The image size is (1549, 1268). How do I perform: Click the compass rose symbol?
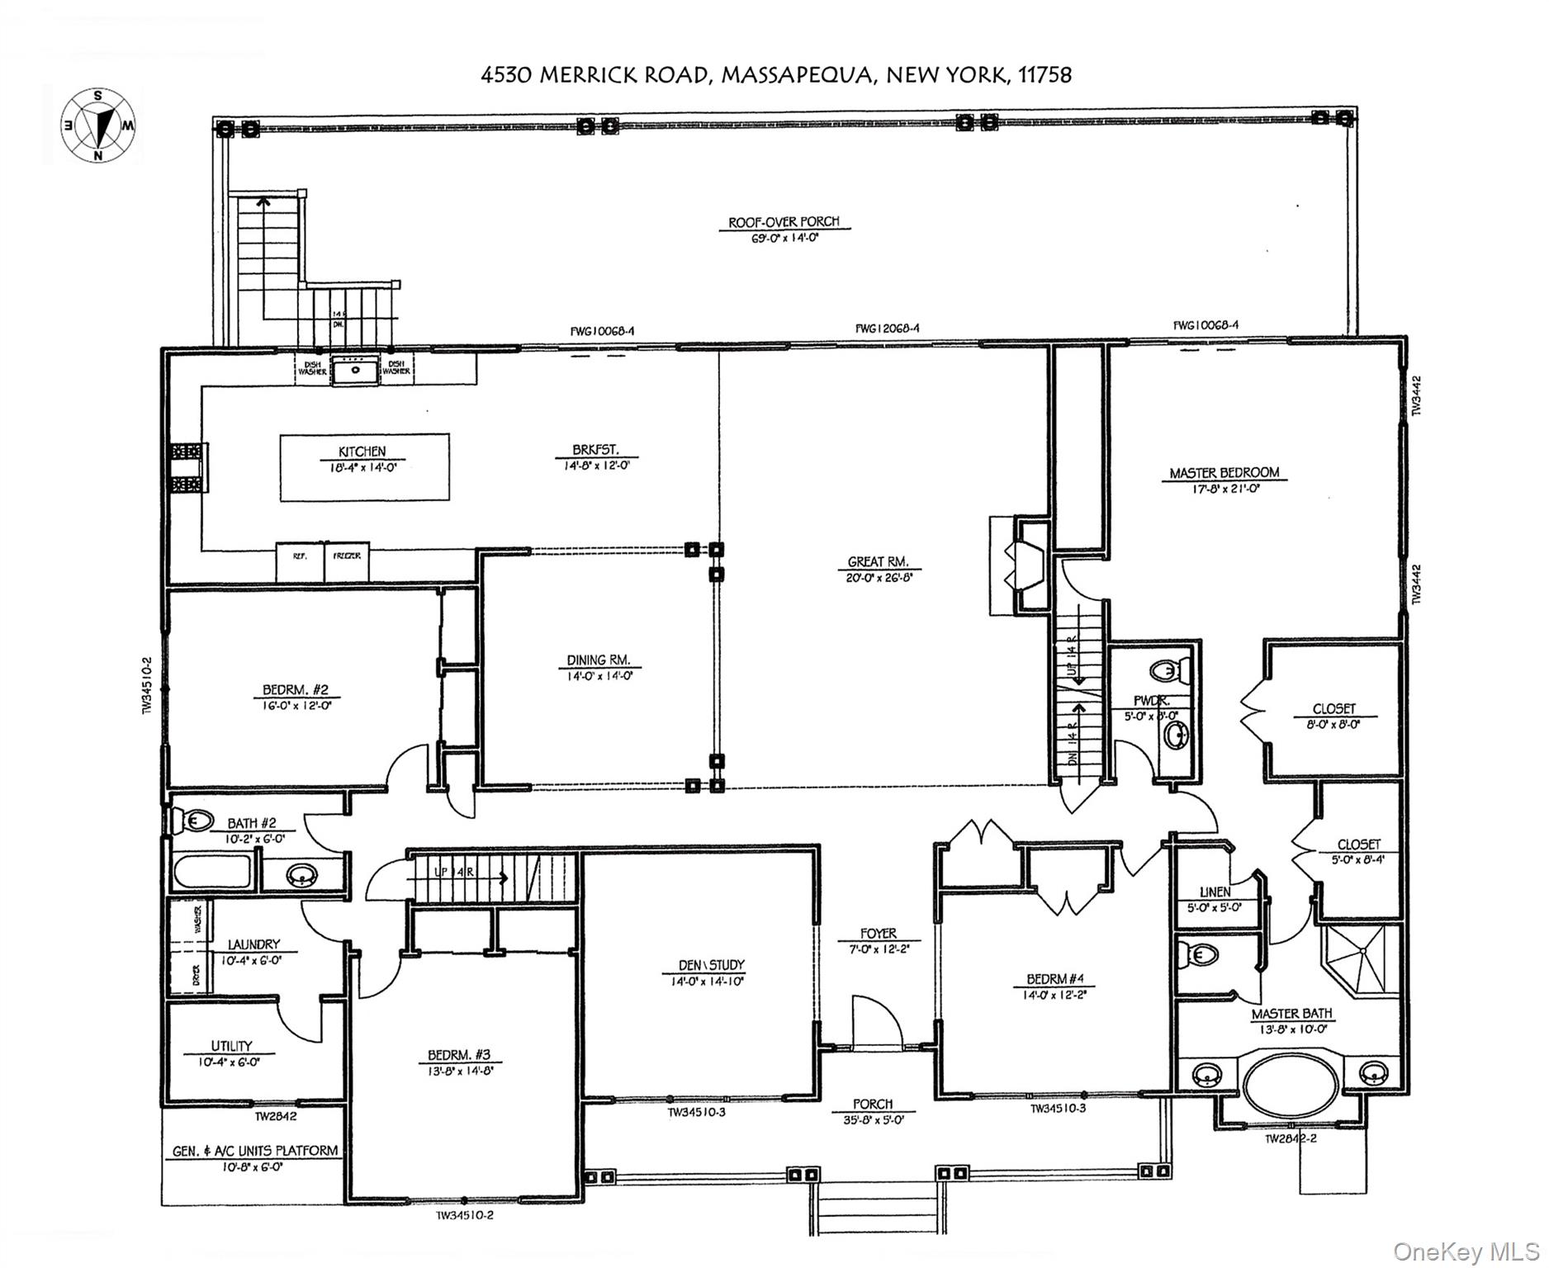tap(98, 126)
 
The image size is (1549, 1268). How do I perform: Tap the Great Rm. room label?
tap(878, 561)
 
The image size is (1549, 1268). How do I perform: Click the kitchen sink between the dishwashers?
tap(356, 370)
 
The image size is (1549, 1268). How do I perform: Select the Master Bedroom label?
tap(1225, 473)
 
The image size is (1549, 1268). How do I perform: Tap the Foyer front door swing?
tap(875, 1020)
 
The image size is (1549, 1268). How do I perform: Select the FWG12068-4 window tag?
tap(888, 328)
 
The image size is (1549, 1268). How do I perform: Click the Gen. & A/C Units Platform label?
tap(254, 1150)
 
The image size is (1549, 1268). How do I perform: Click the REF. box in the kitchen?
tap(300, 557)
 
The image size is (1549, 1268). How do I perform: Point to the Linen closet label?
tap(1215, 892)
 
